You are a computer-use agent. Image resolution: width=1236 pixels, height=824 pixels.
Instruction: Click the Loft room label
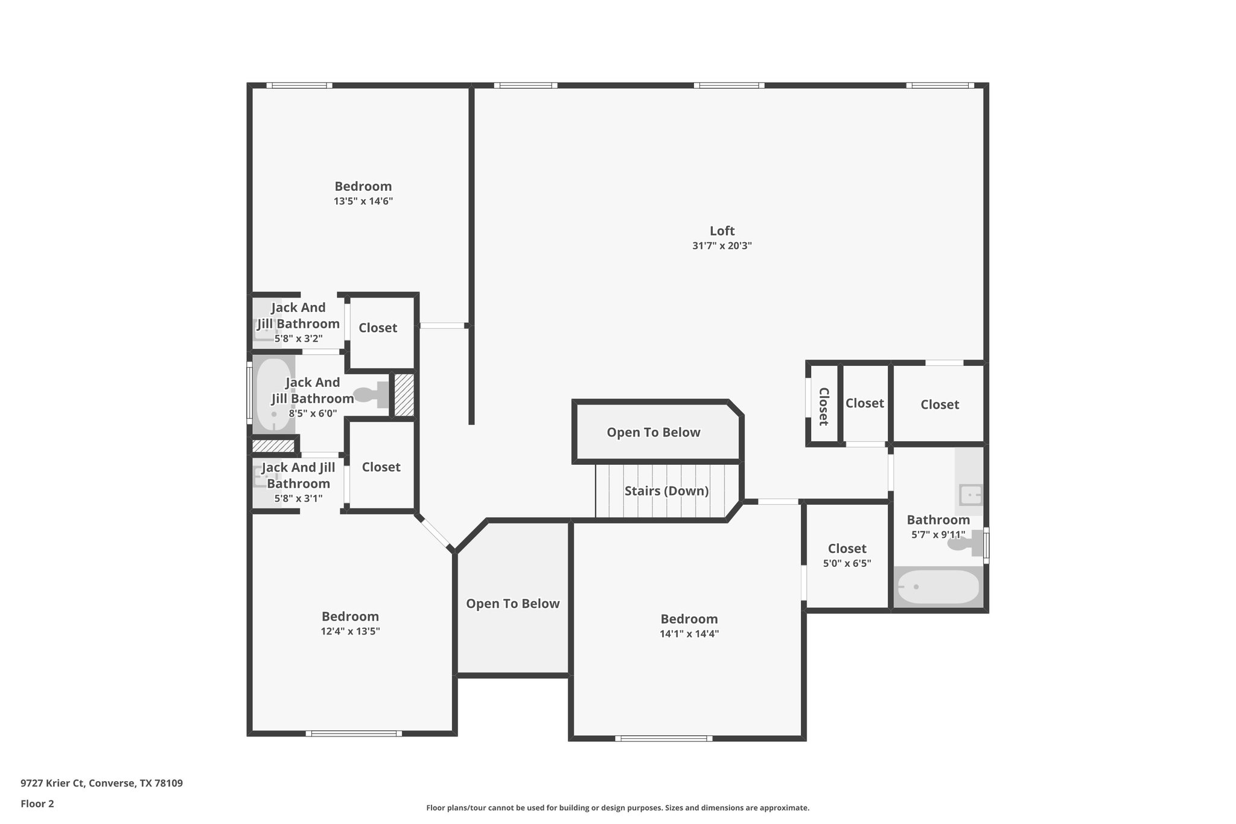[x=722, y=231]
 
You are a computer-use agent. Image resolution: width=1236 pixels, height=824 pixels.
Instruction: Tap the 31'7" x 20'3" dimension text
[x=722, y=246]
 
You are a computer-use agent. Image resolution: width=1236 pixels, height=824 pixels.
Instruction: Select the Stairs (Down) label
[x=666, y=491]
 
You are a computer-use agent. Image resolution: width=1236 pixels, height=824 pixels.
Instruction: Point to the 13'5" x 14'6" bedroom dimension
[x=363, y=202]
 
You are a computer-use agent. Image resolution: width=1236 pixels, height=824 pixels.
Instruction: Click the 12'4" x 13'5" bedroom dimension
[x=350, y=632]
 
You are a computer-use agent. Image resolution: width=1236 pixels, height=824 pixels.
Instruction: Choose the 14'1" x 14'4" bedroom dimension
[x=689, y=634]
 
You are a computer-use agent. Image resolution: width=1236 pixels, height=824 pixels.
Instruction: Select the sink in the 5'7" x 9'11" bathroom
[x=970, y=495]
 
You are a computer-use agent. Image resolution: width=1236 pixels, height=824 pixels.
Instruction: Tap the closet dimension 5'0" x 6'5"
[x=847, y=564]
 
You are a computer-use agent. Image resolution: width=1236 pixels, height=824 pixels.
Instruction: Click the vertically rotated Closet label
[x=823, y=406]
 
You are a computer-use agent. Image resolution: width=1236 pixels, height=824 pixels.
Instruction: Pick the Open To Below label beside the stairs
[x=654, y=432]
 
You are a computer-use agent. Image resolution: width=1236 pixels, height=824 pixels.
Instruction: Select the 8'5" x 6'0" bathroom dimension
[x=313, y=414]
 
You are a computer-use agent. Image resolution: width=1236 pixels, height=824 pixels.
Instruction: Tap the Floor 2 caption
[x=37, y=803]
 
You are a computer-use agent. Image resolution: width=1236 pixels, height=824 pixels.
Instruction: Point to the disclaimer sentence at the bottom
[x=617, y=808]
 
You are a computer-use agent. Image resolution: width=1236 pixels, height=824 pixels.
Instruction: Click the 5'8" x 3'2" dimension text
[x=298, y=339]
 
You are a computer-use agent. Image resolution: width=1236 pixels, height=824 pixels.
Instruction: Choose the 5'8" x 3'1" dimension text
[x=298, y=499]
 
